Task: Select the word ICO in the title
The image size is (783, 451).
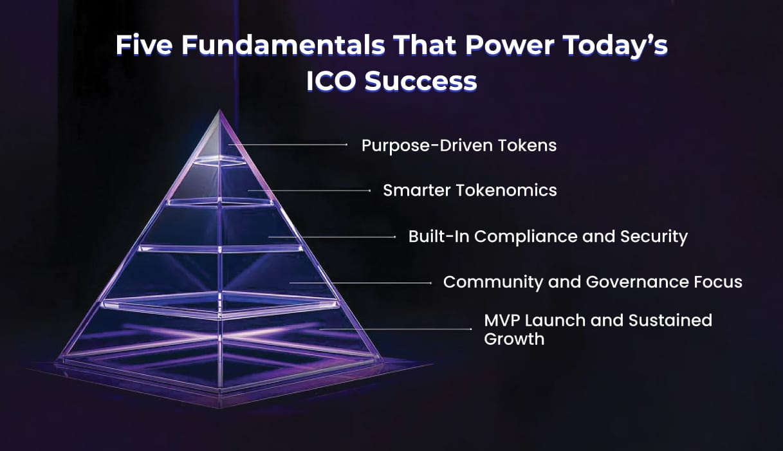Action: tap(332, 81)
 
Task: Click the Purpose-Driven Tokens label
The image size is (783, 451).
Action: tap(459, 145)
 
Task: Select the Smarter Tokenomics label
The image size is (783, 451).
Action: tap(470, 190)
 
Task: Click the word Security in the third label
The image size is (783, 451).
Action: tap(654, 236)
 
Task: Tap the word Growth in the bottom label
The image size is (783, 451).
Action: tap(514, 339)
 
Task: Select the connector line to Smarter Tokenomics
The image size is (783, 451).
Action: tap(309, 190)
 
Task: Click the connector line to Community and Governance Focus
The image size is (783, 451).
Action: tap(360, 282)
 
